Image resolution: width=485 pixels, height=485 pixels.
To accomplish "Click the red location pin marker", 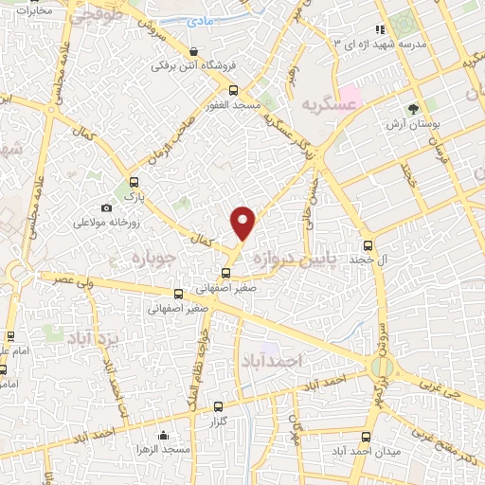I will [x=243, y=222].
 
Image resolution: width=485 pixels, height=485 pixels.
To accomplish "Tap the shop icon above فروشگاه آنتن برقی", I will [x=194, y=52].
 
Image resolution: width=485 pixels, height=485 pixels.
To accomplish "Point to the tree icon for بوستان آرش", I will [x=412, y=109].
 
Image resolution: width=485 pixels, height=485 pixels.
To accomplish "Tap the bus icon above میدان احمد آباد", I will [x=367, y=437].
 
